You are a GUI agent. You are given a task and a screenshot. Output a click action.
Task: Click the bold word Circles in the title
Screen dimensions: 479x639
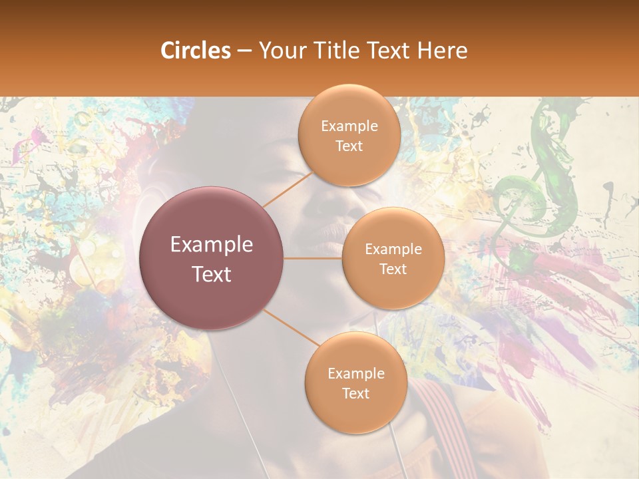(x=196, y=51)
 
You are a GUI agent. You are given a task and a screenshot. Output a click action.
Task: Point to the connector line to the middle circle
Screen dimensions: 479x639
(x=313, y=258)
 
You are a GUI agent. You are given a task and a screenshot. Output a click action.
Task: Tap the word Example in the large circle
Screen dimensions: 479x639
(x=212, y=245)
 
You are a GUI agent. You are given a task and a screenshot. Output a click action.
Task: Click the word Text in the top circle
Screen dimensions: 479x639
(x=349, y=146)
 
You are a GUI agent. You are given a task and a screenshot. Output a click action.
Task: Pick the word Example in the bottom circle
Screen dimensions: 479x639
(x=355, y=373)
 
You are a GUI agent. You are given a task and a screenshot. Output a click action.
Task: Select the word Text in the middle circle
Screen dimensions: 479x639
(x=393, y=269)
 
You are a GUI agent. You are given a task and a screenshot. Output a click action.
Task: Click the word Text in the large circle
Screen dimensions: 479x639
(x=212, y=274)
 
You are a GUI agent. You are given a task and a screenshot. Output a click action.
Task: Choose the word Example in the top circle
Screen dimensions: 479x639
(x=349, y=126)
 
